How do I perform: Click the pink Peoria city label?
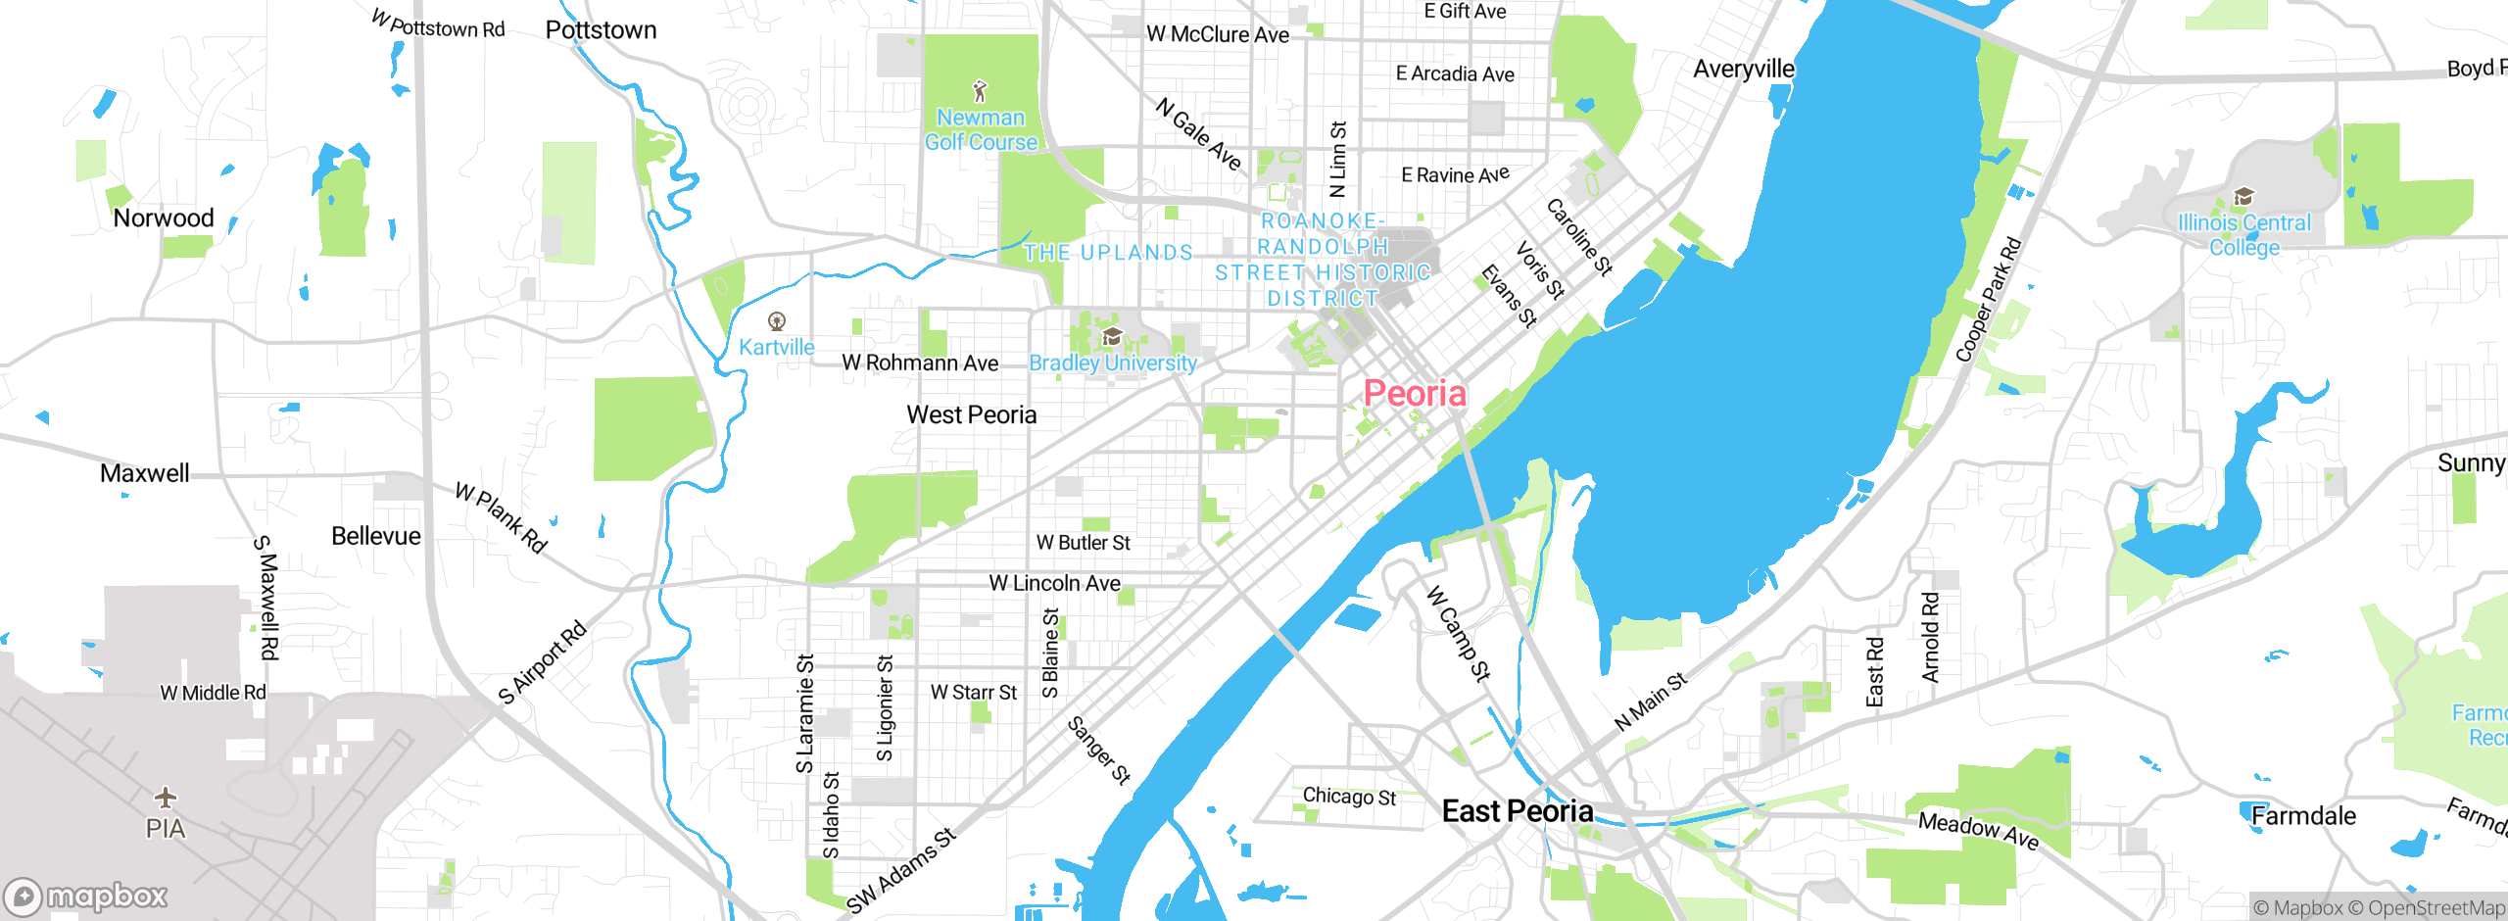(x=1415, y=394)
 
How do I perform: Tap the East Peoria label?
(x=1517, y=811)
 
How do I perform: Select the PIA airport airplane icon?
(x=166, y=796)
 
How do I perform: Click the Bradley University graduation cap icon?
(x=1111, y=338)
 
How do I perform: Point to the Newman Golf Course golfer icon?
(x=980, y=92)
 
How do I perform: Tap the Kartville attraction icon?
(x=777, y=321)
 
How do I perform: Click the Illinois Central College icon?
(x=2243, y=197)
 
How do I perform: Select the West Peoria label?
(x=971, y=414)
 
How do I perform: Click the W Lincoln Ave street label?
(x=1054, y=583)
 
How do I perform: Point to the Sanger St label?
(x=1098, y=751)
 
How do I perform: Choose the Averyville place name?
(x=1743, y=69)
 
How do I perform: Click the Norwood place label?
(x=163, y=218)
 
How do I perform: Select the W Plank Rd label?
(x=501, y=517)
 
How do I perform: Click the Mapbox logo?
(x=86, y=896)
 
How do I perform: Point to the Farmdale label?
(x=2302, y=815)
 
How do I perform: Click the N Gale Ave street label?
(x=1198, y=134)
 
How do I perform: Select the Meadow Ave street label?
(x=1978, y=830)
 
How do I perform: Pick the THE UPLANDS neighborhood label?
(x=1108, y=253)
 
